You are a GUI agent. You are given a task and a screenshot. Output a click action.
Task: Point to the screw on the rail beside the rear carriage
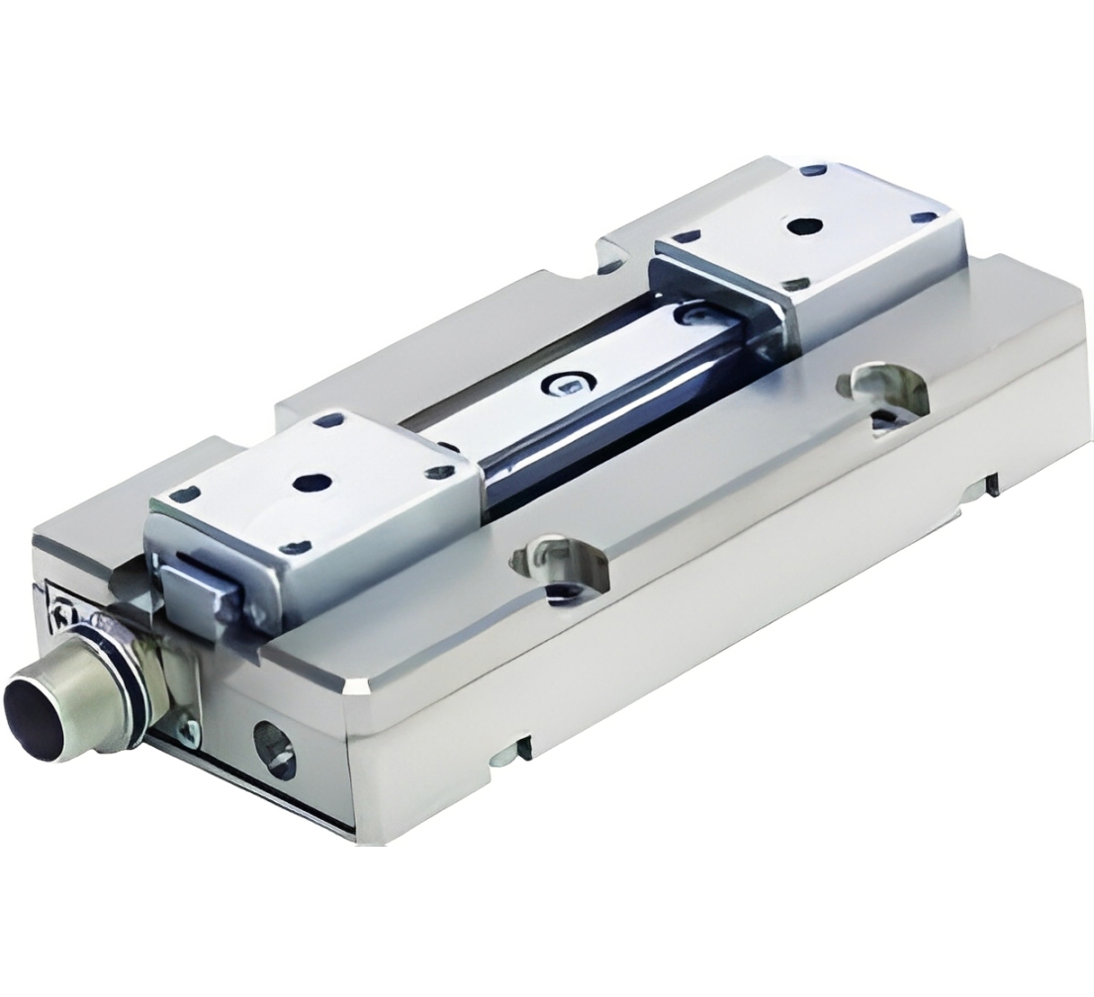690,315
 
